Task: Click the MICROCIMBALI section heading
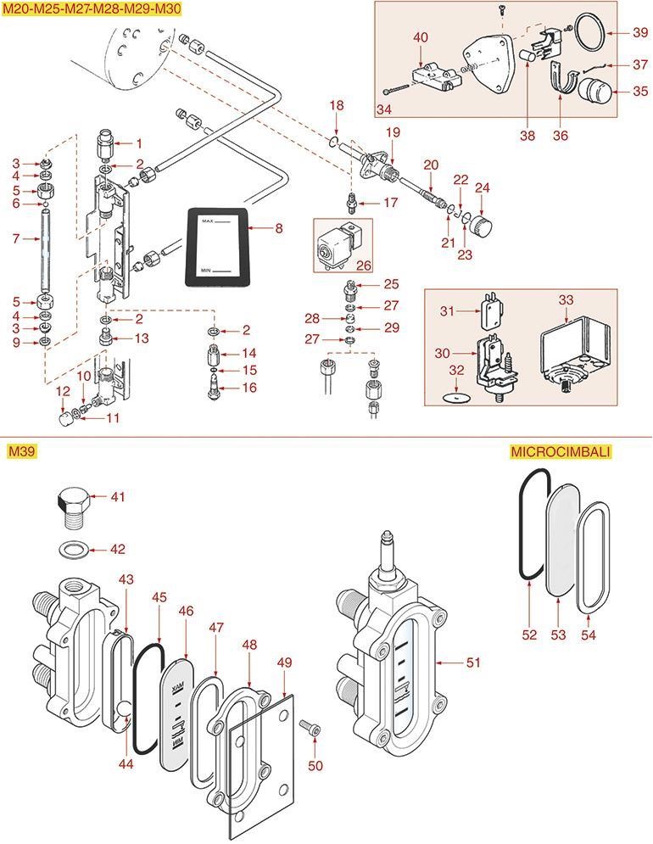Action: [561, 451]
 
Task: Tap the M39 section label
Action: [21, 451]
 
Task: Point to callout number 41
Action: [118, 496]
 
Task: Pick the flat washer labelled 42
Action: [75, 550]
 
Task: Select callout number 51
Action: [473, 662]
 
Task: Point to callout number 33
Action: [566, 299]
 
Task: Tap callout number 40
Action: [421, 37]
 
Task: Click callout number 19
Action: [392, 132]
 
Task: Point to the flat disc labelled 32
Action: [456, 398]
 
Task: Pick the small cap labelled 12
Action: [64, 419]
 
